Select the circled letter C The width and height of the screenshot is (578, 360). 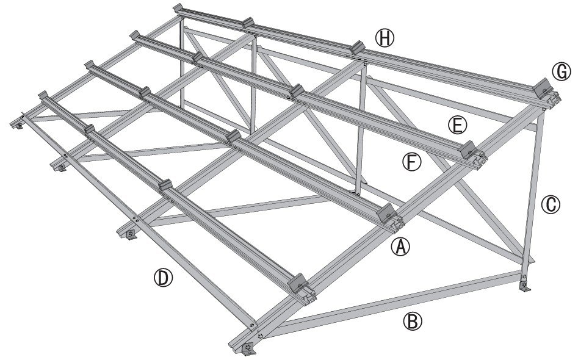click(551, 204)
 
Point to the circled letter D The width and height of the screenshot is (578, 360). click(163, 278)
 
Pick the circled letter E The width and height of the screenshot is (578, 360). click(457, 124)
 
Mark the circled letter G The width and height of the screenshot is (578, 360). click(561, 71)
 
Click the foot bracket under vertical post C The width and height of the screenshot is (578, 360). click(524, 285)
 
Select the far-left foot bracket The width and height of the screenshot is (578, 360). click(18, 124)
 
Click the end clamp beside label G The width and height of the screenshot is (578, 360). click(542, 88)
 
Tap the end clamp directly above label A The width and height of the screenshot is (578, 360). click(387, 212)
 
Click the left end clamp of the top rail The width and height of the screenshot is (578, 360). click(179, 9)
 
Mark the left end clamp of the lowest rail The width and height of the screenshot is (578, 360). click(44, 96)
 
